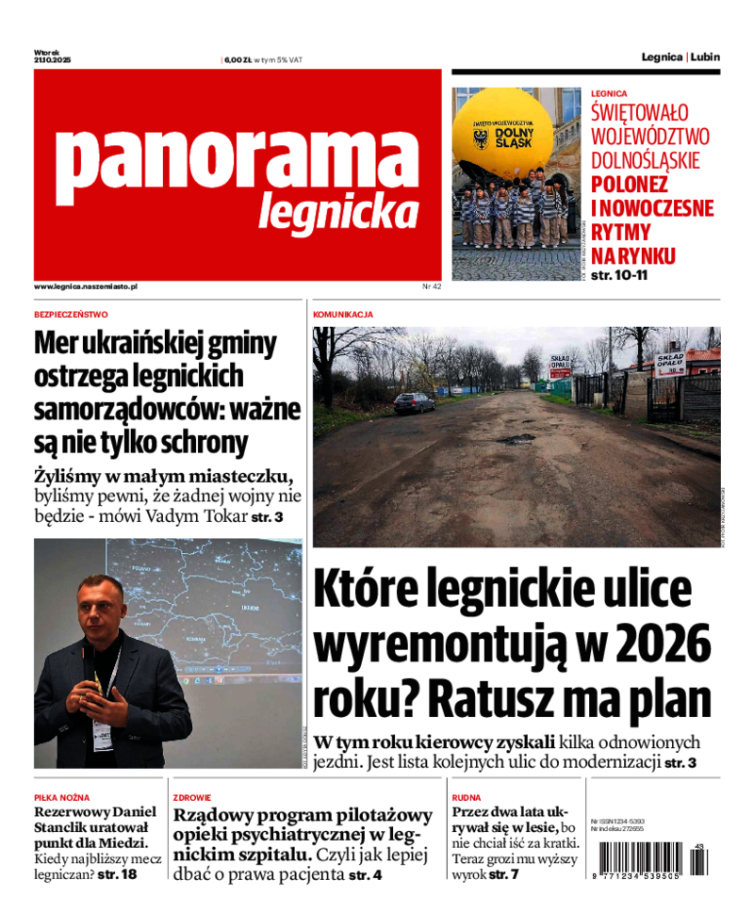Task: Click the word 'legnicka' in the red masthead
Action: [x=338, y=211]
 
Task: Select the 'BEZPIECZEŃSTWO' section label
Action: [x=71, y=314]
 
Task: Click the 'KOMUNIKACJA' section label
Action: [x=343, y=314]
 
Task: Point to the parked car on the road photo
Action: [x=414, y=403]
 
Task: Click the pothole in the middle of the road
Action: [x=516, y=439]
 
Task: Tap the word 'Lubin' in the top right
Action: [x=704, y=57]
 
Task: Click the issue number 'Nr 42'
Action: [x=431, y=286]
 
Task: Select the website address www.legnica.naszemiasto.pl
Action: [x=86, y=286]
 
